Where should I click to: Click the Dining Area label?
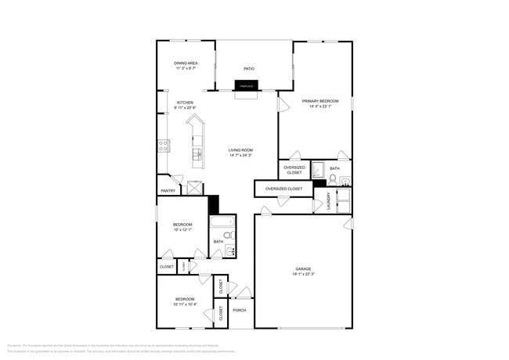(x=186, y=63)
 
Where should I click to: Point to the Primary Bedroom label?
(x=320, y=101)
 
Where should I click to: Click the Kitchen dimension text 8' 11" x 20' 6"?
(x=185, y=108)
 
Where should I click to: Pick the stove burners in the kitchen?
(x=164, y=144)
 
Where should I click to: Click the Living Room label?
(x=241, y=149)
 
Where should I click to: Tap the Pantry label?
(x=168, y=190)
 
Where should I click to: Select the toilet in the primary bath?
(x=332, y=178)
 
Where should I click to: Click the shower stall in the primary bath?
(x=318, y=170)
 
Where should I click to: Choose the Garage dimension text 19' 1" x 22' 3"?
(x=305, y=274)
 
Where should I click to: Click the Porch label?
(x=240, y=310)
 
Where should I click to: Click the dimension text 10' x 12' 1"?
(x=183, y=230)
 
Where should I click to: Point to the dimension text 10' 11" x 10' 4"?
(x=185, y=304)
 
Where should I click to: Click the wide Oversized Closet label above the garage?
(x=283, y=189)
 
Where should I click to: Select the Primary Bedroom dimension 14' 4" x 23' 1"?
(x=320, y=106)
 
